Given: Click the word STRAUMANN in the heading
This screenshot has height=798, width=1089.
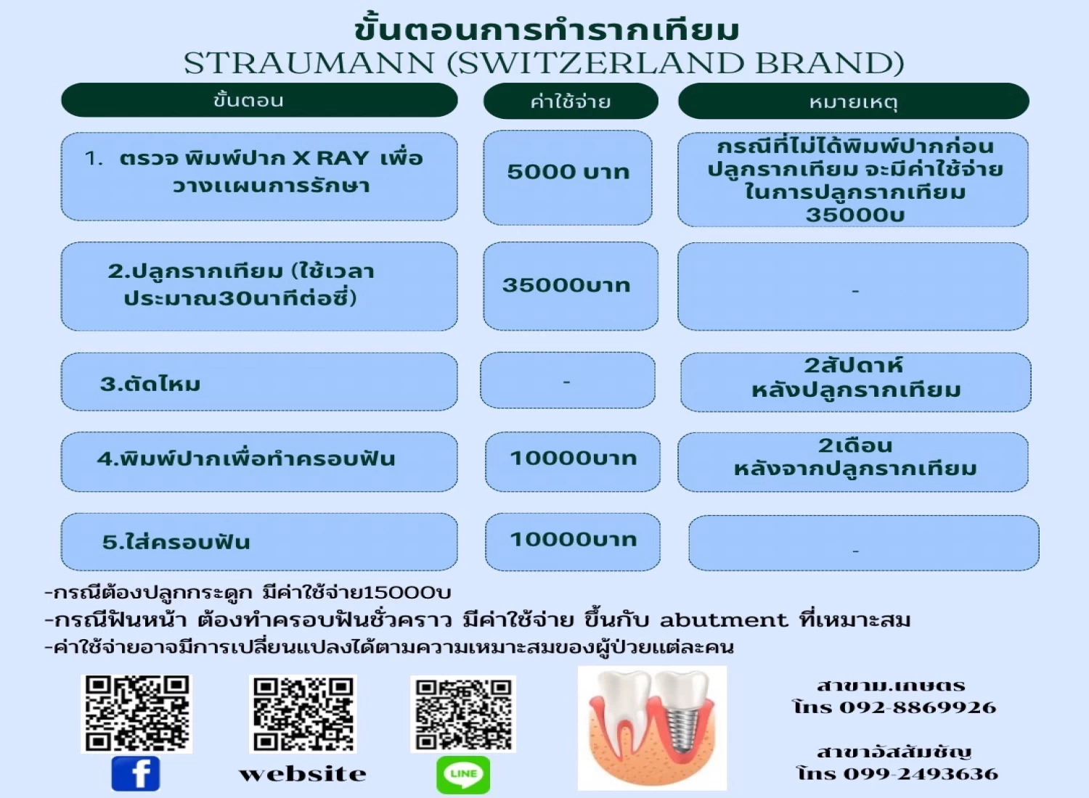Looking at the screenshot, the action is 309,64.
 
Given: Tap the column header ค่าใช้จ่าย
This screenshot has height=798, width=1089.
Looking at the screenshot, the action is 570,101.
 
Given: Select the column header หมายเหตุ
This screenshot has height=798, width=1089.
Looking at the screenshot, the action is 853,101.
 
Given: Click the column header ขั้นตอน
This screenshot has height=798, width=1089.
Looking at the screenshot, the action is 259,100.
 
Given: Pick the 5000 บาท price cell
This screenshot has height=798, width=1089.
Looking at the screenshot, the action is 567,177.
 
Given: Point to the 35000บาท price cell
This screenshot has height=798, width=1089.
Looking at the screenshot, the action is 570,286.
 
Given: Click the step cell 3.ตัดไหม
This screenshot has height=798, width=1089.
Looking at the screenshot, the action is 259,382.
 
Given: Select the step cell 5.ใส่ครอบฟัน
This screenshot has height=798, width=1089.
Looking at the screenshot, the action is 259,542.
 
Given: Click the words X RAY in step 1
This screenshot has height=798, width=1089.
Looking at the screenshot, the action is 330,158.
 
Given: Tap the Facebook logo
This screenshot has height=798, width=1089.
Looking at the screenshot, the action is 136,773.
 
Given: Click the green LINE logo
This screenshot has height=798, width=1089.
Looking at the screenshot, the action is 463,774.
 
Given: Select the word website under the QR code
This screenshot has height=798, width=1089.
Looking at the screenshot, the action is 303,774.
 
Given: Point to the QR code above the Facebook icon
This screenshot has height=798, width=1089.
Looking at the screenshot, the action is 136,714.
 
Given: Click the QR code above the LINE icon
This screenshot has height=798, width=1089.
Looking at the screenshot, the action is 463,714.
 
